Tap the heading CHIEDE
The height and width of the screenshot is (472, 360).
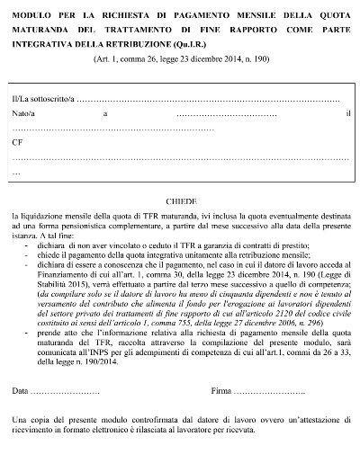(x=181, y=203)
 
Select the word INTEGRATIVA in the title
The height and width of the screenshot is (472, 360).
(x=47, y=43)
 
